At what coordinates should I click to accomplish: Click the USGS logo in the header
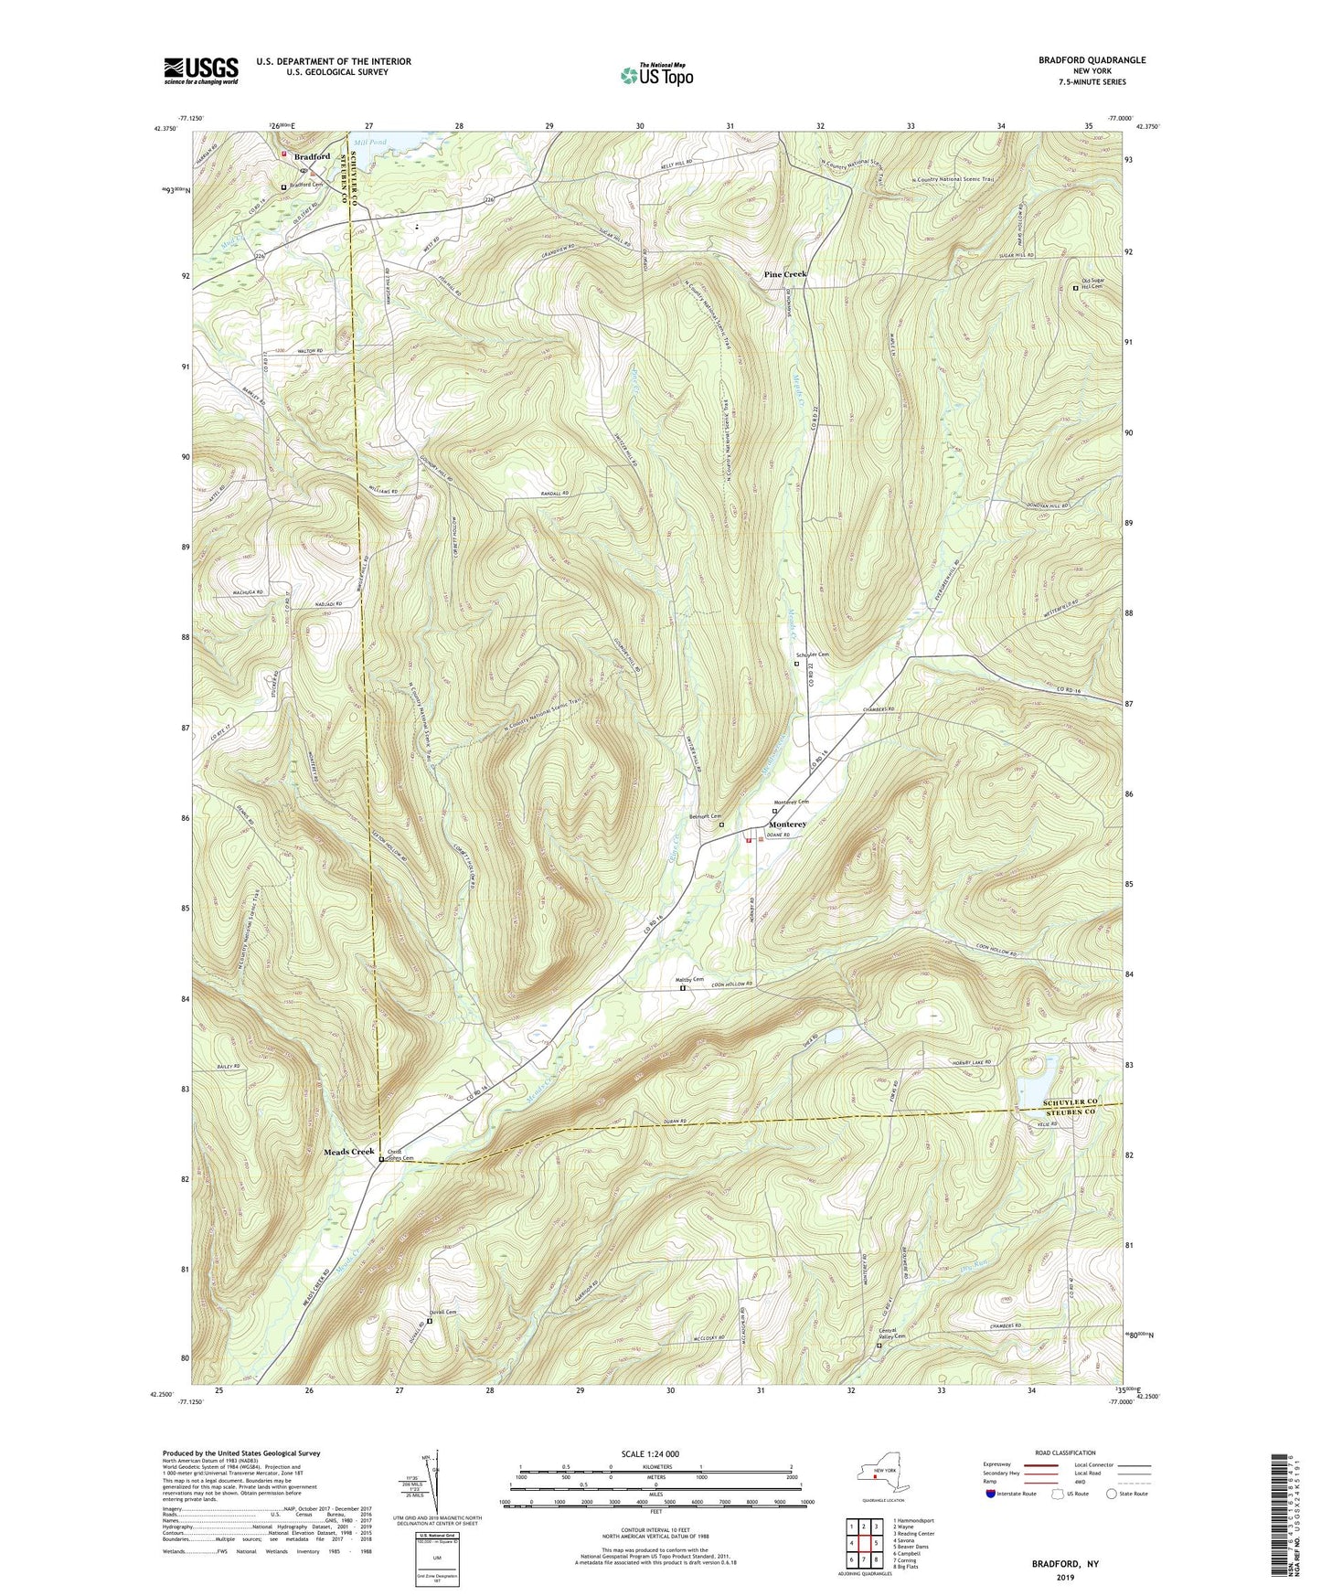pos(200,70)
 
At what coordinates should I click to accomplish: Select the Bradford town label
pos(312,156)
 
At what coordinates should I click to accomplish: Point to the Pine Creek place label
pos(785,275)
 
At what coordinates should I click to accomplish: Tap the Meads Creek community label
pos(348,1152)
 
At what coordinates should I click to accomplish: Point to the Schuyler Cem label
pos(813,654)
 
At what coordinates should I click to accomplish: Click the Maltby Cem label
pos(690,980)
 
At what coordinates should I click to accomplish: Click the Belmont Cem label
pos(705,816)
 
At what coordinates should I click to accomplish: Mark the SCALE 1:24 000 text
pos(649,1454)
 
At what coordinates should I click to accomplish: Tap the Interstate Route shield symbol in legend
pos(991,1495)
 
